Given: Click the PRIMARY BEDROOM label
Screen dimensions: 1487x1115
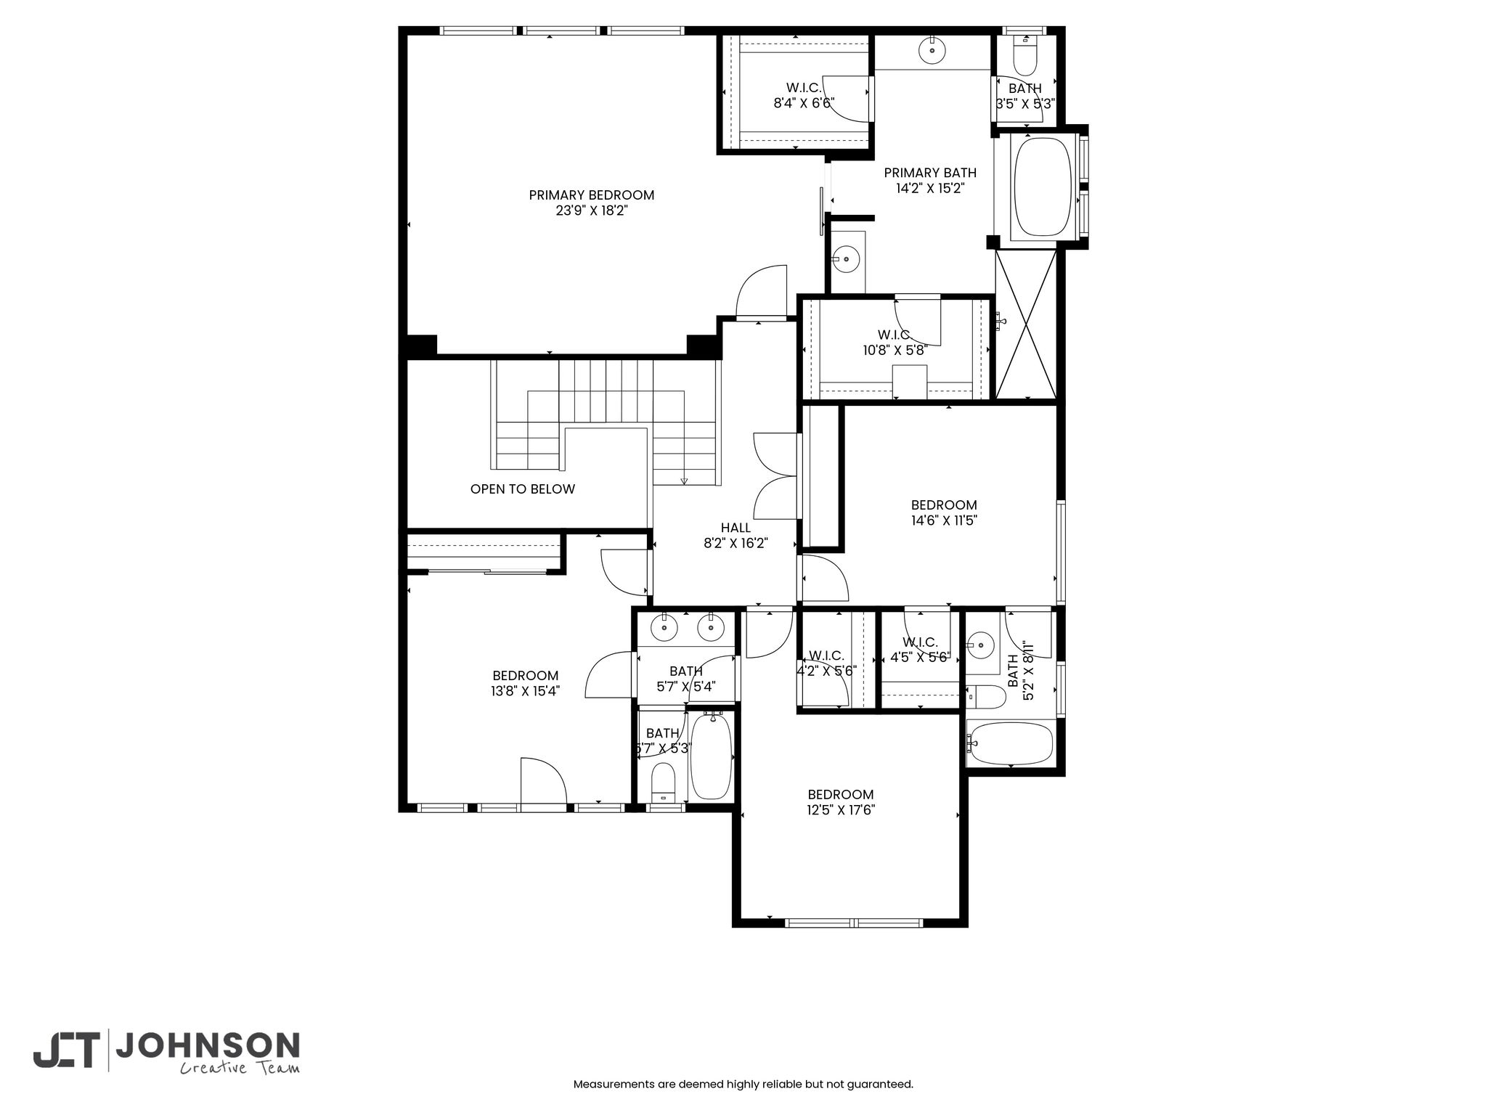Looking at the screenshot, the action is (x=591, y=195).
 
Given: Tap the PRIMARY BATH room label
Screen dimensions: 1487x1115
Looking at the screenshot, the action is (x=930, y=173).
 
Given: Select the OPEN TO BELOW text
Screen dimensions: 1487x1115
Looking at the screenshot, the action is (x=523, y=489).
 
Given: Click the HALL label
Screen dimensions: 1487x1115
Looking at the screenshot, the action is (x=736, y=528).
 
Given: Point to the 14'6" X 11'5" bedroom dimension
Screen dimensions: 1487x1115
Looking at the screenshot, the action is (x=944, y=520).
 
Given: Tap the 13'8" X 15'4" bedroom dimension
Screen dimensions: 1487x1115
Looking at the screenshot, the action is (x=526, y=691).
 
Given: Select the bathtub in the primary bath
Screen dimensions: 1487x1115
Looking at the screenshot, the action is (x=1043, y=187).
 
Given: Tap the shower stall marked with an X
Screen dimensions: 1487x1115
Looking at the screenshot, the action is (x=1027, y=324).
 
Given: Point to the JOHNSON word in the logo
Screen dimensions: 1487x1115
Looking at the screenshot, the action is (x=208, y=1045).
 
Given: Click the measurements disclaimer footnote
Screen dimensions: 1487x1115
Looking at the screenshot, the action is (x=743, y=1085).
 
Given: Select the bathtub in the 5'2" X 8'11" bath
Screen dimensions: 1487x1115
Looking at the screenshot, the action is (x=1011, y=743).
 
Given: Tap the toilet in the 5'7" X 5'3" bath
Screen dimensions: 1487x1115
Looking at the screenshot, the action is (x=664, y=783).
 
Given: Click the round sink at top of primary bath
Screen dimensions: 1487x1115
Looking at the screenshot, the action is (x=932, y=51).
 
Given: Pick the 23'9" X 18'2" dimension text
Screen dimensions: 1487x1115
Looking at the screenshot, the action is (x=591, y=211).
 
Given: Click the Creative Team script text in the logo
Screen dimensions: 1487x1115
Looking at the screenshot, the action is (x=240, y=1067).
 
